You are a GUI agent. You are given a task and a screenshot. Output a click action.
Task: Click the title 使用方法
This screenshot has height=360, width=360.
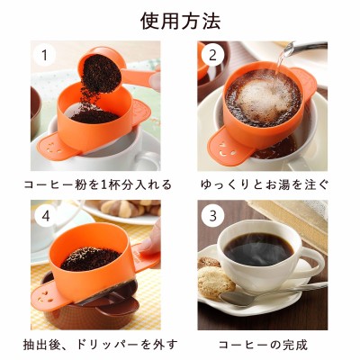pos(181,21)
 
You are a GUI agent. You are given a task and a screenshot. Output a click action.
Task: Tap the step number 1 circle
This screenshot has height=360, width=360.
pos(45,55)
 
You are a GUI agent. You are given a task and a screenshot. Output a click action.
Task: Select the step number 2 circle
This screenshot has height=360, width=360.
pos(212,55)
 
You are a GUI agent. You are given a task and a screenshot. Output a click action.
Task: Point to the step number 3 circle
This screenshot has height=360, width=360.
pos(212,215)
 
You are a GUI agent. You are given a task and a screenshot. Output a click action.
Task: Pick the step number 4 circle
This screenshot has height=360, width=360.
pos(45,215)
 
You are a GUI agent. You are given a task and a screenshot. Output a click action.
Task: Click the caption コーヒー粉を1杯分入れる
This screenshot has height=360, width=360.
pos(98,184)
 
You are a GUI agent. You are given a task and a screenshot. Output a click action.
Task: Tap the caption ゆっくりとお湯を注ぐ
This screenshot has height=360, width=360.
pos(264,184)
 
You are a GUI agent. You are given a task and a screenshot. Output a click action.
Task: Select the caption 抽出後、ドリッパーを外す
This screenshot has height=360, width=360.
pos(101,345)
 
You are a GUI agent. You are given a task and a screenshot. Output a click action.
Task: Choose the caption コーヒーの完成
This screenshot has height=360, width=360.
pos(263,345)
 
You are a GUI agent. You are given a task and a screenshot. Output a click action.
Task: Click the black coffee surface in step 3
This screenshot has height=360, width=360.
pos(258,250)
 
